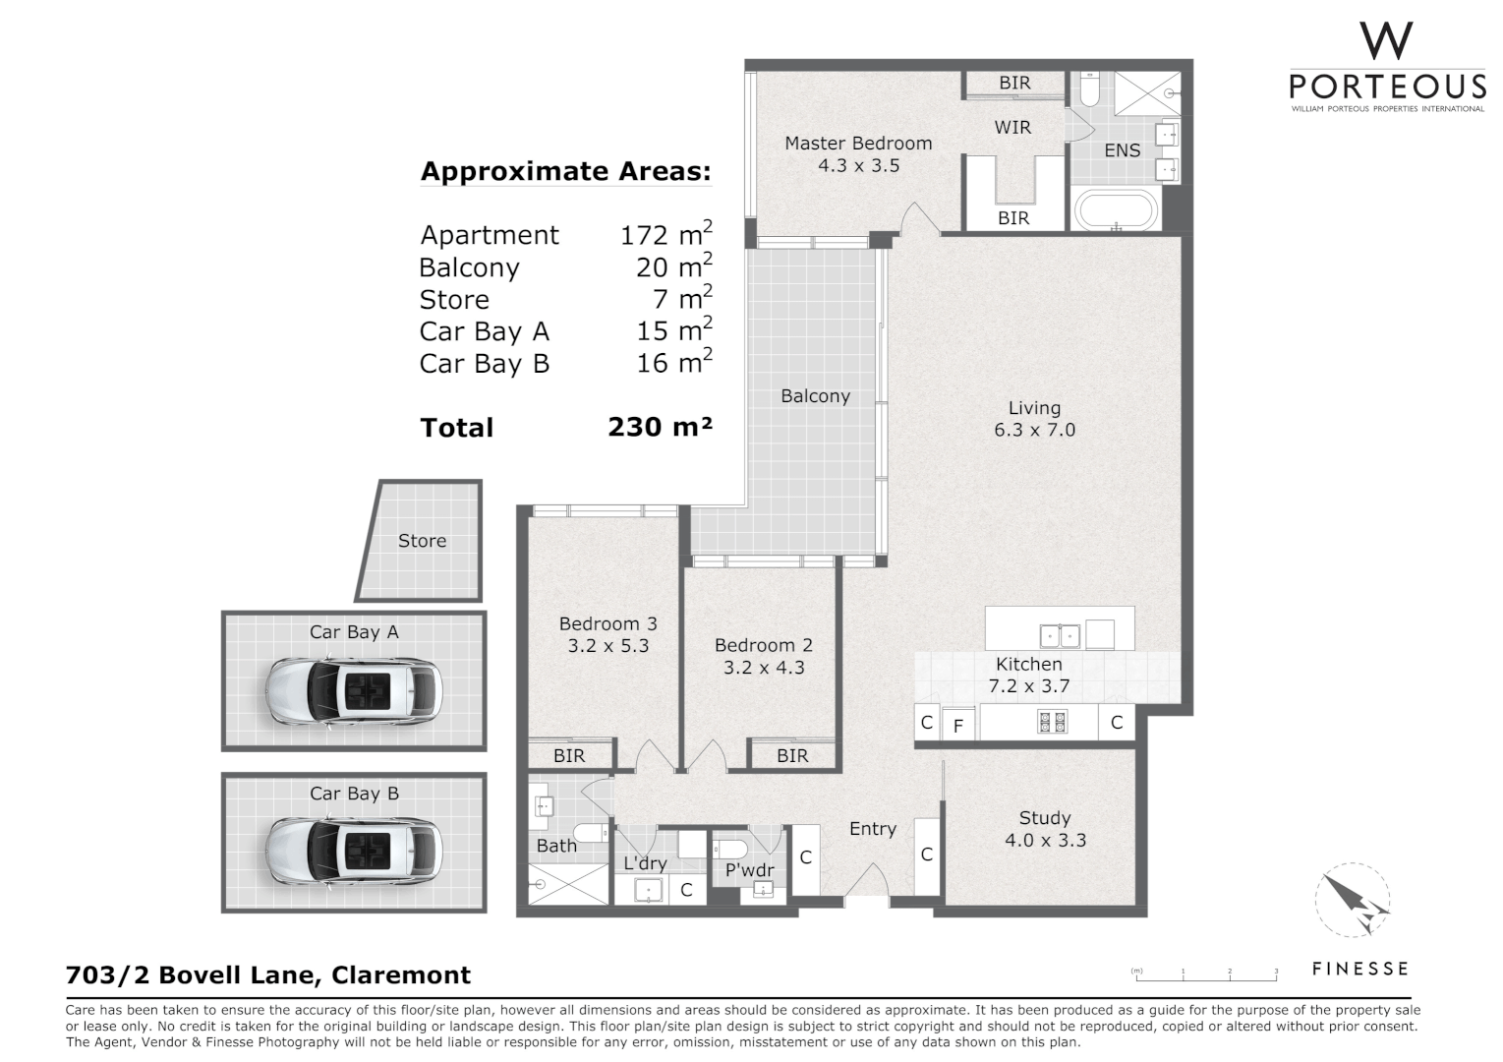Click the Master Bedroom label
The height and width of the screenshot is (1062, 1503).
[x=858, y=144]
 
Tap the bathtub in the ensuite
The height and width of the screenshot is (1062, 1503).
[x=1117, y=211]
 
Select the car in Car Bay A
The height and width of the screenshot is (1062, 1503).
[x=354, y=687]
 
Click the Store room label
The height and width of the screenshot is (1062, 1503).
[x=422, y=541]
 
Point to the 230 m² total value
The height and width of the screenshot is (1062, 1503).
[x=660, y=427]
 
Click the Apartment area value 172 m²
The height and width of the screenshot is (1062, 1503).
[x=665, y=235]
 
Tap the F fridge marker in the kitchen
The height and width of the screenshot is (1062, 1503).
[x=958, y=728]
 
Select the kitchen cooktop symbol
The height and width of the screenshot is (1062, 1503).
[x=1052, y=723]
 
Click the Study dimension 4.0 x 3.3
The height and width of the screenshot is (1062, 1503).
[x=1045, y=840]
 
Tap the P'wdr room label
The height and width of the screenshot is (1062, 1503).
[x=749, y=870]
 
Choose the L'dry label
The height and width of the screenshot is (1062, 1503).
[x=645, y=863]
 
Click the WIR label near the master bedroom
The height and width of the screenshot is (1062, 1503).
[x=1012, y=127]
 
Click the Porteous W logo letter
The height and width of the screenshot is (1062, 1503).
[x=1387, y=41]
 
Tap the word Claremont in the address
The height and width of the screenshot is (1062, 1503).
[x=401, y=974]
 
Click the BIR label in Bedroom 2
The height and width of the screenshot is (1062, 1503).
[x=792, y=755]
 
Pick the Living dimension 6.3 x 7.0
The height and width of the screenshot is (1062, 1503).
[x=1034, y=430]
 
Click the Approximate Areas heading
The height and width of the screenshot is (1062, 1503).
[x=565, y=171]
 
